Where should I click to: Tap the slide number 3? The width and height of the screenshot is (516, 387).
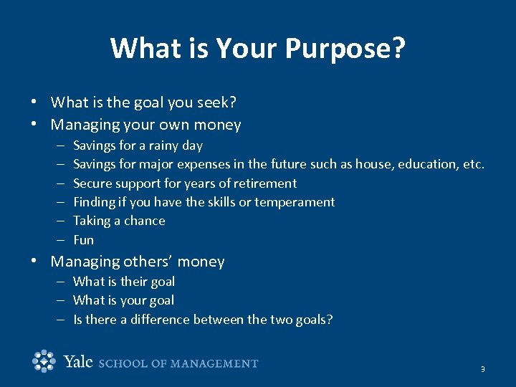[482, 369]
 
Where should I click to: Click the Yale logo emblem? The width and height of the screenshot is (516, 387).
[44, 361]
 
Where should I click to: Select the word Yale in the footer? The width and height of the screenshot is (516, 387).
[78, 362]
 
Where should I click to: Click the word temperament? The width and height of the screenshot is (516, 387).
[295, 202]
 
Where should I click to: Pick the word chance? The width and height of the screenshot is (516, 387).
[145, 221]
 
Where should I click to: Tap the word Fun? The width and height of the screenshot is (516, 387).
[83, 240]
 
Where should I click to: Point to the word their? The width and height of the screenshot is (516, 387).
[134, 282]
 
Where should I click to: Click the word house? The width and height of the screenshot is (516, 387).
[373, 164]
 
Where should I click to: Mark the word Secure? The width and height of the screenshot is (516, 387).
[93, 183]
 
